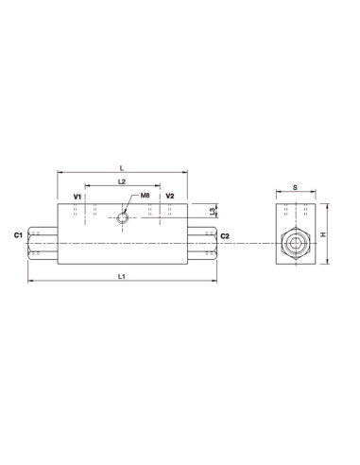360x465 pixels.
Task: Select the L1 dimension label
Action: coord(122,276)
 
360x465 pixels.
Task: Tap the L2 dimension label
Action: coord(122,180)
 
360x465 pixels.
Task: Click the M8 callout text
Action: coord(146,196)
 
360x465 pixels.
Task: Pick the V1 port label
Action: coord(78,197)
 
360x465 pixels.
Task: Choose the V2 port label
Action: coord(169,197)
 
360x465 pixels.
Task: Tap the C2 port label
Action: coord(226,235)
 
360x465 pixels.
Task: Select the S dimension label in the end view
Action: coord(296,187)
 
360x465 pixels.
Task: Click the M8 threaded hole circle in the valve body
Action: coord(124,219)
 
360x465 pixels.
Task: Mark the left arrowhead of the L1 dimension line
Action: coord(30,282)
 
